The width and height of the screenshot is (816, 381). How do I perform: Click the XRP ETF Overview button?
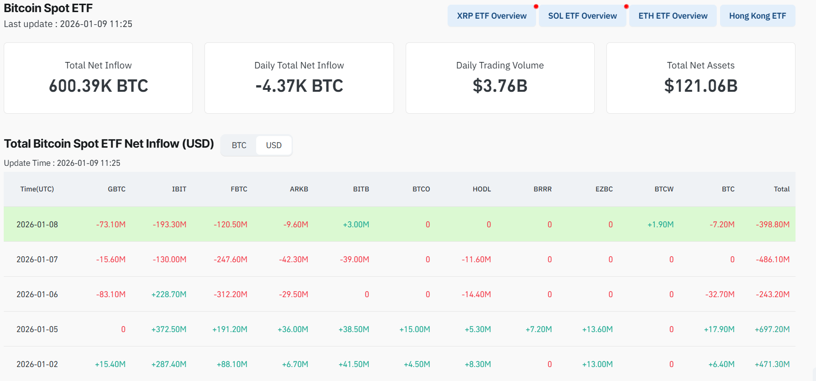[x=491, y=16]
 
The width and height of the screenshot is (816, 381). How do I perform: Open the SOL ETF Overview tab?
[x=582, y=16]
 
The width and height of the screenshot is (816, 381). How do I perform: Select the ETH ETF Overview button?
[x=673, y=16]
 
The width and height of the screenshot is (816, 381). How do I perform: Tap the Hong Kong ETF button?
[x=757, y=16]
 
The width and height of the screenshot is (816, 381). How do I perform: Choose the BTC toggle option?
[x=239, y=145]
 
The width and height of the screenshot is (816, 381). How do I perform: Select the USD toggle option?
[x=274, y=145]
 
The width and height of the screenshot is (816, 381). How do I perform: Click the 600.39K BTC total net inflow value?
[x=98, y=86]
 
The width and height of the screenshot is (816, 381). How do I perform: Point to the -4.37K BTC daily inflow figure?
[x=299, y=86]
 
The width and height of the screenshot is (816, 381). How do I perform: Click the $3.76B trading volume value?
[x=500, y=86]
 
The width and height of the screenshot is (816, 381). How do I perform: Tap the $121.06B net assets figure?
[x=700, y=86]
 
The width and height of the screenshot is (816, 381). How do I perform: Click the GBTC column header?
[x=116, y=189]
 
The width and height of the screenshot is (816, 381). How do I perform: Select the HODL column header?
[x=482, y=189]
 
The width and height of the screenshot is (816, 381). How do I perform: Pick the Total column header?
[x=782, y=189]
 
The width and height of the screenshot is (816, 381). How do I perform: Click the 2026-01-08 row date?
[x=37, y=225]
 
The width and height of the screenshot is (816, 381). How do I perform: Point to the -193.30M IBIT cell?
[x=170, y=225]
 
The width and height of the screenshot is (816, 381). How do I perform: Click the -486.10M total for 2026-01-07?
[x=773, y=259]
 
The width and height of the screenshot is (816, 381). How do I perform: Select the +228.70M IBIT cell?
[x=169, y=294]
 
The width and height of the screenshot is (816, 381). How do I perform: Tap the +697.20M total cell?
[x=772, y=329]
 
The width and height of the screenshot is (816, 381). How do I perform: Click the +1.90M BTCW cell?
[x=660, y=225]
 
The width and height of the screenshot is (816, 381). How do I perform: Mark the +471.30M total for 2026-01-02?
[x=772, y=364]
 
